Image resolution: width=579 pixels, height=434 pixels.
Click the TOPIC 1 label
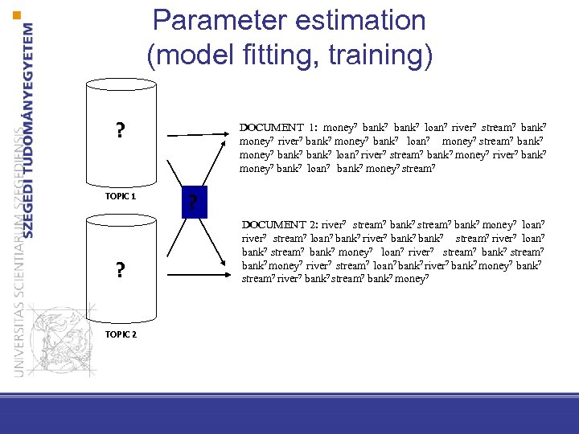[121, 196]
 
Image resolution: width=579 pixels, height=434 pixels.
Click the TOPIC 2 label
[121, 334]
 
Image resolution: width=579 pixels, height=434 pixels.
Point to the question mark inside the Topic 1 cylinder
[120, 130]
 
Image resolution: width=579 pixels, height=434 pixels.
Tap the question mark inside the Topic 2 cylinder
[120, 269]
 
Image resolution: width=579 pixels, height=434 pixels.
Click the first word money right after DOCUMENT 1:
[339, 127]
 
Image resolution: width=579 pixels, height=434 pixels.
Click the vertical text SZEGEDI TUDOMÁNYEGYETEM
[29, 129]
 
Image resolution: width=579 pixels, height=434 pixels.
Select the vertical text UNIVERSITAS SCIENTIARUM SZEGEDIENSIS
[12, 241]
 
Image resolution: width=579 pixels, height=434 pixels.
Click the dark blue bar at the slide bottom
[289, 416]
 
